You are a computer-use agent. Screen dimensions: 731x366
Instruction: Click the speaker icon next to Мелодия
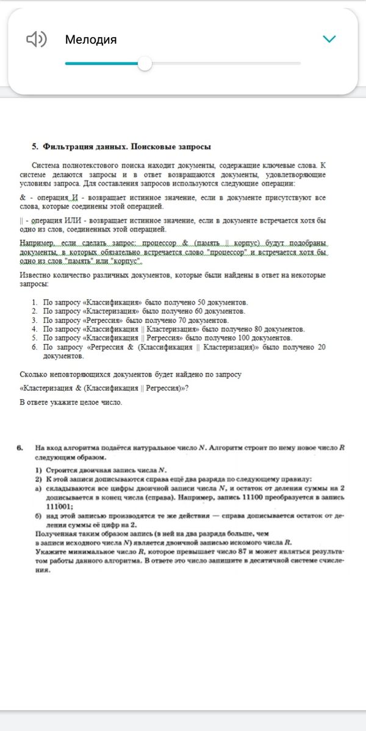pos(36,40)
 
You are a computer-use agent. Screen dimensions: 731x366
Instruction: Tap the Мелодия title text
pos(91,40)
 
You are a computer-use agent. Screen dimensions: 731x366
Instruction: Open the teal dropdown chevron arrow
pos(329,40)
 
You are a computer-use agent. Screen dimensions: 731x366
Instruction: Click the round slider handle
pos(145,63)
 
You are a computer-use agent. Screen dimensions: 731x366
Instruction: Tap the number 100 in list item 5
pos(238,337)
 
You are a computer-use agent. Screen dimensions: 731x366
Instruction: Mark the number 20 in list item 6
pos(321,347)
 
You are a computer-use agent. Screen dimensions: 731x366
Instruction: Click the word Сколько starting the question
pos(34,375)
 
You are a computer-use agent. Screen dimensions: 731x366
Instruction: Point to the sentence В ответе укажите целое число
pos(71,403)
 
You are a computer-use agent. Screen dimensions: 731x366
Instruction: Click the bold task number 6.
pos(21,448)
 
